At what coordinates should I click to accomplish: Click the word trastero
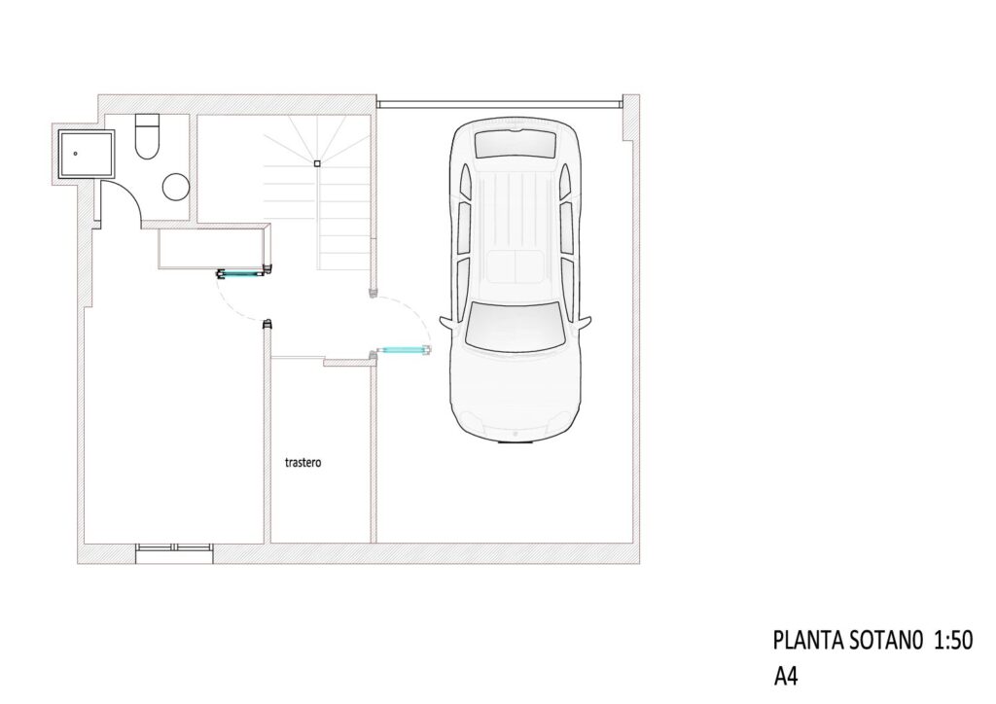pos(303,462)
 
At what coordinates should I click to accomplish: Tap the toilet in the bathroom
pos(148,136)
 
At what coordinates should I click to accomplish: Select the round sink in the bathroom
pos(176,188)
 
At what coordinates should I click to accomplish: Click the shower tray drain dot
pos(76,154)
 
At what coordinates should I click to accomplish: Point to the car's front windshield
pos(515,326)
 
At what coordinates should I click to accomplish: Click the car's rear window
pos(516,145)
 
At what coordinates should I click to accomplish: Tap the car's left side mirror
pos(445,323)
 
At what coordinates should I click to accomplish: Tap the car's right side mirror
pos(585,323)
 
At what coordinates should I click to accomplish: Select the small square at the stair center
pos(317,163)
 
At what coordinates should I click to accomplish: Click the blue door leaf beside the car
pos(404,349)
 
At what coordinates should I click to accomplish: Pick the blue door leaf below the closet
pos(241,274)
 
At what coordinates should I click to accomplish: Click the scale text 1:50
pos(953,641)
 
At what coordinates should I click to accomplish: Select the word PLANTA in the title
pos(807,641)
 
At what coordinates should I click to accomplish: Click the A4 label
pos(785,676)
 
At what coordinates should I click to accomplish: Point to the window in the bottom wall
pos(174,553)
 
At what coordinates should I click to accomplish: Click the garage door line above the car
pos(499,102)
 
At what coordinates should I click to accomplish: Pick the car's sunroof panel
pos(516,266)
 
